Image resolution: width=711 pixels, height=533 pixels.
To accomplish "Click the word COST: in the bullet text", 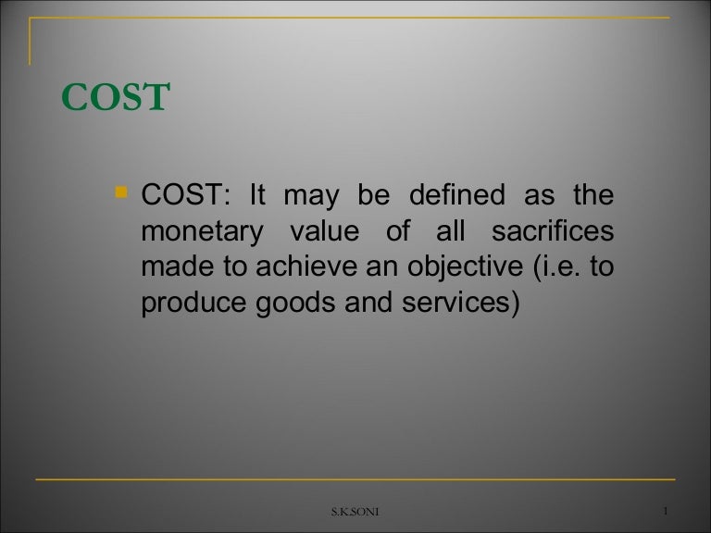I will click(x=184, y=197).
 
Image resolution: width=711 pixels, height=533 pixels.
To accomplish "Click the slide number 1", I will click(x=667, y=512).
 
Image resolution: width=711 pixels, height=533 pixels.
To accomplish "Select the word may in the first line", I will click(x=309, y=197).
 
